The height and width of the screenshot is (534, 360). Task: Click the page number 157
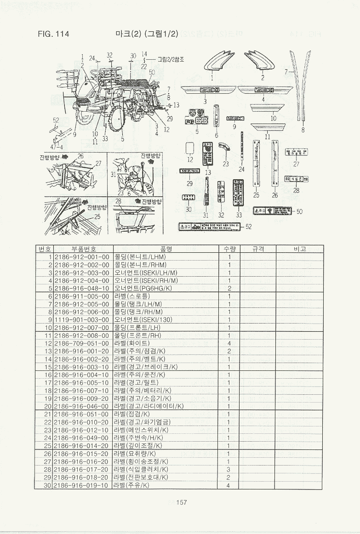pos(181,502)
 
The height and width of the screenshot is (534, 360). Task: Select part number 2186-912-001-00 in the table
pos(82,257)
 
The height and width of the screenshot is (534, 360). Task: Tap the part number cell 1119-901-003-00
pos(82,319)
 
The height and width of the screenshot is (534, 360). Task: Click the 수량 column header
pos(229,249)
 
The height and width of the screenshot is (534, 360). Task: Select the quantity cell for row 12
pos(229,343)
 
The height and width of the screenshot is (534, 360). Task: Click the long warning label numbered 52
pos(209,227)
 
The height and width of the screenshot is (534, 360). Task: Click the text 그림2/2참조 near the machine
pos(171,59)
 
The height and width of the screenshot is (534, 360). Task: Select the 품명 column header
pos(166,249)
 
